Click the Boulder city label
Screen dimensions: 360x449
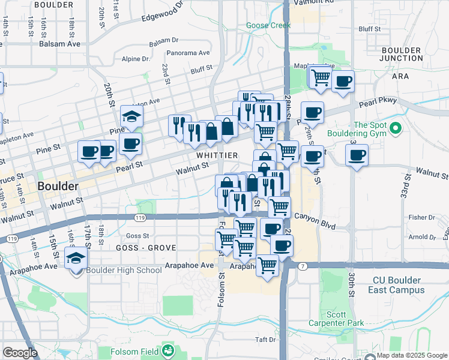point(58,187)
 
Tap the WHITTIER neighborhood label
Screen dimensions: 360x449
point(217,155)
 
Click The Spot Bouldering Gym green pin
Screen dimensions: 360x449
point(395,128)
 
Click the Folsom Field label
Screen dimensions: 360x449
point(136,350)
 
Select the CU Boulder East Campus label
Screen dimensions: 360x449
point(399,285)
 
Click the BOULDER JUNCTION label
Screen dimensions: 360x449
point(402,54)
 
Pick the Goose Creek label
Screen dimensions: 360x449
point(268,26)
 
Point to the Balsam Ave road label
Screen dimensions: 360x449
point(59,44)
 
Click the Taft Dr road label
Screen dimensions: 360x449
point(264,340)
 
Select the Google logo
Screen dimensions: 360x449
point(20,353)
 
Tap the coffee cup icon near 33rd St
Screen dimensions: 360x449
point(357,155)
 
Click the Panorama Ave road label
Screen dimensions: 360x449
point(188,53)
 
